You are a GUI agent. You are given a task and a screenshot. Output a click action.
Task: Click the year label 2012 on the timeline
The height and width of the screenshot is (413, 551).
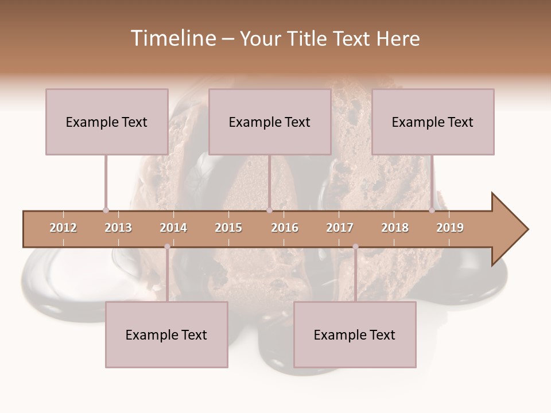tap(63, 228)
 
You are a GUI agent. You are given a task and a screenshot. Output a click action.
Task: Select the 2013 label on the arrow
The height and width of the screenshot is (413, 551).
tap(118, 228)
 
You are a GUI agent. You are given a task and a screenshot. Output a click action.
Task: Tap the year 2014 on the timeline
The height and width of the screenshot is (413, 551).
tap(173, 228)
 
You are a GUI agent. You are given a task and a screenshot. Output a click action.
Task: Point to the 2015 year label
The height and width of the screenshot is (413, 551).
tap(228, 228)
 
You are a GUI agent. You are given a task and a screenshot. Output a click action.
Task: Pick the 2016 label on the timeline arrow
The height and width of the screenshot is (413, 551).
tap(285, 228)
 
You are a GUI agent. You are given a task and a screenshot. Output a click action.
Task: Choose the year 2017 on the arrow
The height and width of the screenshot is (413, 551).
tap(340, 228)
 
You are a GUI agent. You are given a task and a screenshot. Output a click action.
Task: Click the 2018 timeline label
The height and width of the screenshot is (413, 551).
tap(395, 228)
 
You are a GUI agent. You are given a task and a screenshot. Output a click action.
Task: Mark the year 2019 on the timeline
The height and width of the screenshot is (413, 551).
tap(450, 228)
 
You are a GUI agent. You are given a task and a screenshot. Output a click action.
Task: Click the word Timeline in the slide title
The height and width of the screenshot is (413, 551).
tap(172, 38)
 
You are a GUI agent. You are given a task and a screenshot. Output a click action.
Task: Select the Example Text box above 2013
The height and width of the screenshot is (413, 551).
tap(107, 122)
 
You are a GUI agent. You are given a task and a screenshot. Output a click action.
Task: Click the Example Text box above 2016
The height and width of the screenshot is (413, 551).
tap(270, 122)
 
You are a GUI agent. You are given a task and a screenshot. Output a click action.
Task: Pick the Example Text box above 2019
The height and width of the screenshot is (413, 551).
tap(433, 122)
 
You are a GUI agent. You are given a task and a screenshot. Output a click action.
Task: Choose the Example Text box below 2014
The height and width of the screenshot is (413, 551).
tap(166, 334)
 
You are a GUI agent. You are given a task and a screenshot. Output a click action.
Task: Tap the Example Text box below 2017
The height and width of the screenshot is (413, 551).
tap(355, 334)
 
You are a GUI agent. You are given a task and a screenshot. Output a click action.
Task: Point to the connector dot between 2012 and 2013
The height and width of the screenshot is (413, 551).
tap(106, 210)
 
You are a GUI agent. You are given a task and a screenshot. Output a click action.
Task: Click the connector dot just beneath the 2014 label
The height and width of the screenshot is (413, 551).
tap(167, 247)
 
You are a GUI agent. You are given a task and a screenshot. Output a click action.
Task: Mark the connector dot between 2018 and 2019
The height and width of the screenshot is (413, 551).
tap(432, 210)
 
